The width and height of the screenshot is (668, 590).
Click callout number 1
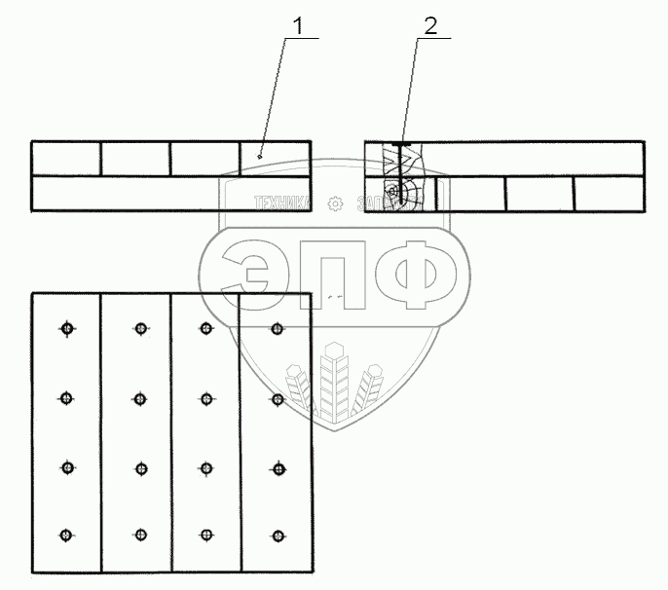point(302,26)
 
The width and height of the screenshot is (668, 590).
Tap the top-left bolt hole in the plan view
point(66,329)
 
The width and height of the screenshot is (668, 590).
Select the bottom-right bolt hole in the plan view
point(278,535)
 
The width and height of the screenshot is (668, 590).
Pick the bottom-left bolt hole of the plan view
point(66,535)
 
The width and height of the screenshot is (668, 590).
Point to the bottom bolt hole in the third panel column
point(205,535)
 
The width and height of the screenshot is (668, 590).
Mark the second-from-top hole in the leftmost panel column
point(66,398)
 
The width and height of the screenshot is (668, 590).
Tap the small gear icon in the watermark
point(336,203)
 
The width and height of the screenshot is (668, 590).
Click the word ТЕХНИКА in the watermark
point(282,203)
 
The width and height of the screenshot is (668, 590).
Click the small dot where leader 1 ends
point(259,155)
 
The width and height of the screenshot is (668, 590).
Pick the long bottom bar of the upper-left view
point(171,193)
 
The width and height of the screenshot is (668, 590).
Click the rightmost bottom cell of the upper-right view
point(609,194)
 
